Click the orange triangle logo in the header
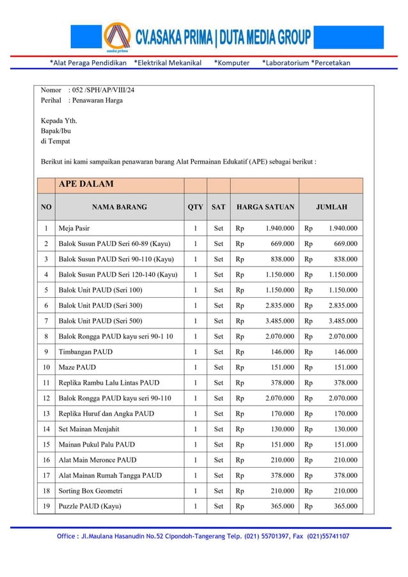click(x=116, y=36)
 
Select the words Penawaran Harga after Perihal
click(x=97, y=100)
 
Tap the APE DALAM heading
click(x=86, y=184)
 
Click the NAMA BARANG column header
click(x=119, y=207)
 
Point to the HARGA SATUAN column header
click(x=265, y=207)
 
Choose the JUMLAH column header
click(x=331, y=207)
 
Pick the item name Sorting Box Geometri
click(x=90, y=491)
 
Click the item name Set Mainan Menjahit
click(x=89, y=429)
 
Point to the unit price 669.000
click(x=282, y=243)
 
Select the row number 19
click(x=45, y=507)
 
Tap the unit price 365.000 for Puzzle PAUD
click(x=282, y=507)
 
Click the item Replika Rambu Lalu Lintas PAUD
click(x=109, y=383)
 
